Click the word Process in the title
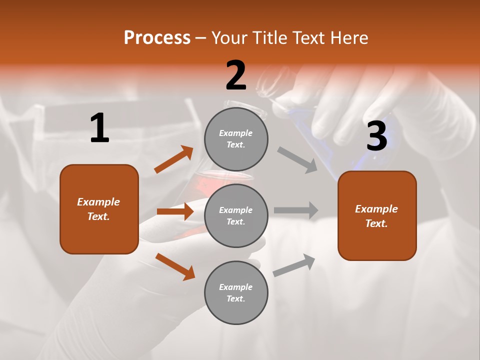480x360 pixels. [157, 37]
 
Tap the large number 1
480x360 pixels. [99, 128]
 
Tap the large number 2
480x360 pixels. [236, 75]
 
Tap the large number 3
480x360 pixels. [376, 136]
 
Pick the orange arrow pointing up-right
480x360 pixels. [174, 159]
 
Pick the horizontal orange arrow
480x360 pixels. [175, 211]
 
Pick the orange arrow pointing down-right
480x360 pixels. [175, 266]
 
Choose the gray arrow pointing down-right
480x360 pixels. [297, 160]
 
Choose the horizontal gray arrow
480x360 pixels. [296, 210]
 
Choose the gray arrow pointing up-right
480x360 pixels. [294, 265]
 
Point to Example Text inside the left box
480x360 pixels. [98, 209]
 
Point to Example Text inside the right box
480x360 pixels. [376, 216]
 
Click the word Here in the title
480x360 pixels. [348, 37]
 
